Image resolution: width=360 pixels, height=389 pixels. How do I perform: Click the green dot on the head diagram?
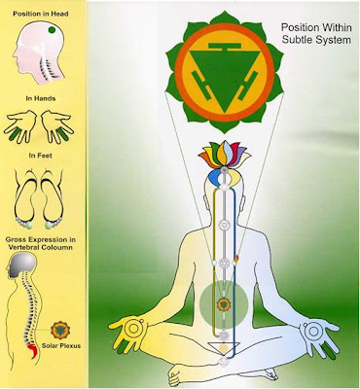click(52, 30)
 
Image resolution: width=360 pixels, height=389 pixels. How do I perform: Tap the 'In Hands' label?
click(41, 98)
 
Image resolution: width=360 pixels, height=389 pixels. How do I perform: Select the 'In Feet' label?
click(40, 156)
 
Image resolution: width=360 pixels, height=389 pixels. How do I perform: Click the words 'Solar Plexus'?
click(61, 346)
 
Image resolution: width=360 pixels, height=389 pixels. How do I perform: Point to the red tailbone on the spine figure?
click(33, 351)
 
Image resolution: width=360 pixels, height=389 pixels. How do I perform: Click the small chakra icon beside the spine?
click(60, 331)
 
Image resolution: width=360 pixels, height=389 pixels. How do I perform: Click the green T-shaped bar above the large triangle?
click(225, 47)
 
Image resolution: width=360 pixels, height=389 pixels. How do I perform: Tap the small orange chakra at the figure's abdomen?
click(224, 304)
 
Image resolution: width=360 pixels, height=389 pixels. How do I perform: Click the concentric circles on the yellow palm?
click(133, 329)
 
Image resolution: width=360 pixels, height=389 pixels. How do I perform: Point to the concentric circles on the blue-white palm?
click(313, 331)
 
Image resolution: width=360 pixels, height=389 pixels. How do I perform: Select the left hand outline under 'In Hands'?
click(20, 126)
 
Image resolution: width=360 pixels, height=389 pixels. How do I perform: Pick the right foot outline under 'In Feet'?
click(53, 197)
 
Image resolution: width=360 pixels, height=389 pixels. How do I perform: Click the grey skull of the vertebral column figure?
click(22, 265)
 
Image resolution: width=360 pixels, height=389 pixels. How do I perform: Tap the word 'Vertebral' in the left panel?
click(22, 247)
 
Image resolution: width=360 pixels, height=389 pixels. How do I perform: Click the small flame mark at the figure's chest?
click(236, 259)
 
